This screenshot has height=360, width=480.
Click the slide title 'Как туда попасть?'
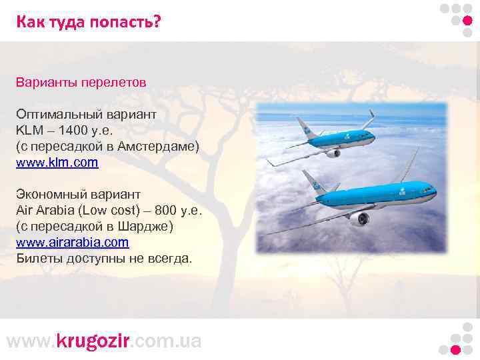tap(89, 22)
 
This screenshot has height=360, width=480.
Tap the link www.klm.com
tap(57, 162)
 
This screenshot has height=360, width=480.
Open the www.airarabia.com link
tap(72, 243)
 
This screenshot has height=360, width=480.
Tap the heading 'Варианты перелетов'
tap(81, 83)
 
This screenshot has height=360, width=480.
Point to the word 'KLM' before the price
tap(29, 130)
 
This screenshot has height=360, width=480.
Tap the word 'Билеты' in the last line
tap(39, 259)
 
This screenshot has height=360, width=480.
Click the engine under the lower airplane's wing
tap(360, 219)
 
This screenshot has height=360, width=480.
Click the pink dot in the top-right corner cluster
tap(467, 20)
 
